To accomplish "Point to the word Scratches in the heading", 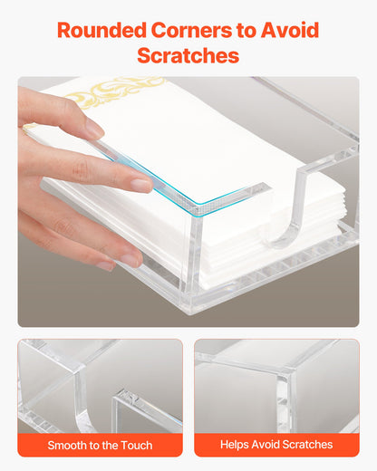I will [x=188, y=55].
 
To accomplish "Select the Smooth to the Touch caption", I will [x=100, y=445].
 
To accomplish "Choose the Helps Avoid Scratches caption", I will [x=276, y=445].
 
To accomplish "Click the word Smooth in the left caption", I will [x=69, y=445].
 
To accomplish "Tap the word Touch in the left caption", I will [x=135, y=445].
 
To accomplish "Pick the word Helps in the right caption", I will [x=236, y=445].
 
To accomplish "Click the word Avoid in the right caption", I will [x=268, y=445].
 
